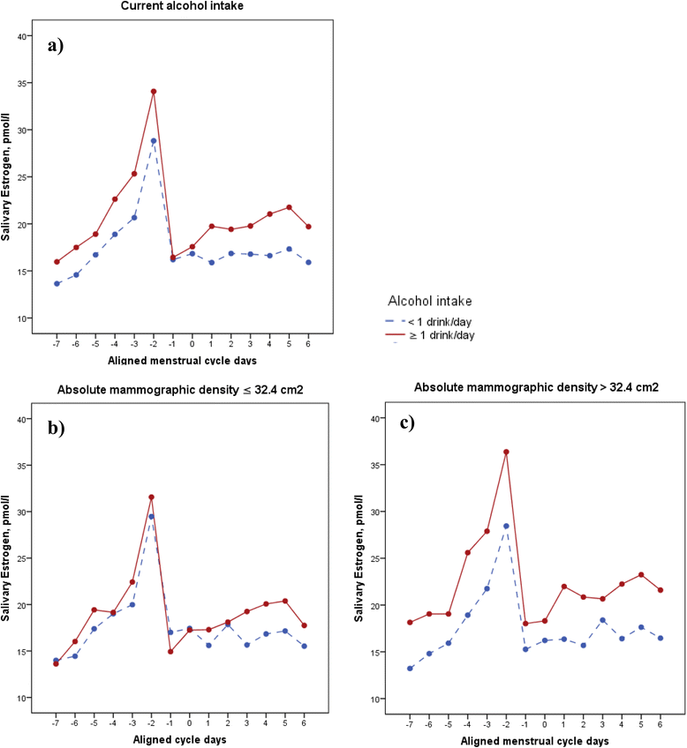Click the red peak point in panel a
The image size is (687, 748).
coord(154,91)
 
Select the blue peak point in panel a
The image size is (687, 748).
coord(154,140)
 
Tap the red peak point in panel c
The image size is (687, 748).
coord(506,452)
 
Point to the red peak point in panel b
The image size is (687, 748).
coord(151,497)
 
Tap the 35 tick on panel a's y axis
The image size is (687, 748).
coord(24,83)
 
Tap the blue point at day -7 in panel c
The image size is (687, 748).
coord(410,668)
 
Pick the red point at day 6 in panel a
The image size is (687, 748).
coord(308,226)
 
